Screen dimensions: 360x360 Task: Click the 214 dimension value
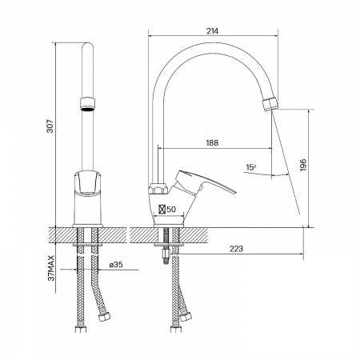[x=212, y=31]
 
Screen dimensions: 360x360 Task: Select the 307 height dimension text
[x=50, y=126]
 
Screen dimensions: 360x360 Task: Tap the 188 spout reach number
[x=212, y=143]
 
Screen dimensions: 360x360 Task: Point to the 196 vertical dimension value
[x=303, y=165]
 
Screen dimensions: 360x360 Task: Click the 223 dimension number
[x=236, y=249]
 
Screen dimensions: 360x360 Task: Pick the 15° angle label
[x=251, y=167]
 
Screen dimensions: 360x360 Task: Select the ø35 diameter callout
[x=116, y=265]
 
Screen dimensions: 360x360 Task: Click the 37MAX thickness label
[x=51, y=268]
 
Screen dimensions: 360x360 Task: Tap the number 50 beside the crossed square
[x=171, y=210]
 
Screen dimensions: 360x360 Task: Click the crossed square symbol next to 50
[x=162, y=210]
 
